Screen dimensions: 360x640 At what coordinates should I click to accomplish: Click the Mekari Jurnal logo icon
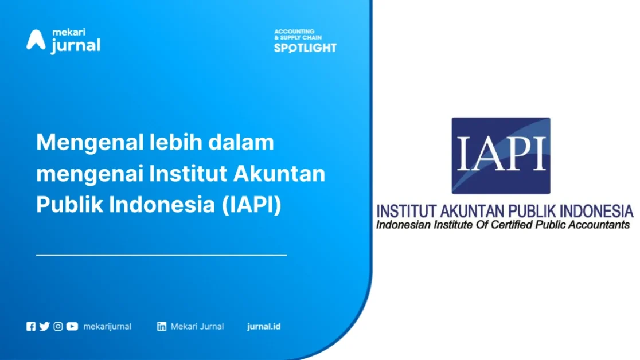coord(36,40)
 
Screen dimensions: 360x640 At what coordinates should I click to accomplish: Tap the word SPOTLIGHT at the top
coord(305,48)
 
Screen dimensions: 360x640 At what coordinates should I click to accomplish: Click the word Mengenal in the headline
coord(85,143)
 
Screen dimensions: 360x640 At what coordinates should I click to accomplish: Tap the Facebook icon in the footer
coord(31,327)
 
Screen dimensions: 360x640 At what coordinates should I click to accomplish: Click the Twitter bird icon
coord(44,327)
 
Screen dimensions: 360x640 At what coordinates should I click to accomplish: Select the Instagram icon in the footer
coord(58,327)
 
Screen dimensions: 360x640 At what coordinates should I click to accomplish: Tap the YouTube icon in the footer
coord(72,327)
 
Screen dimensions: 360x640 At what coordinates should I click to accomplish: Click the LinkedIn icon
coord(162,327)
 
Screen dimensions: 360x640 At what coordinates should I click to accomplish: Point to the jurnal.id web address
coord(264,327)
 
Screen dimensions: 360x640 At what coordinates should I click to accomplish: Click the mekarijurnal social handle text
coord(107,327)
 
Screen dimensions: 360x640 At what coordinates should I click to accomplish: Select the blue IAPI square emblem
coord(501,155)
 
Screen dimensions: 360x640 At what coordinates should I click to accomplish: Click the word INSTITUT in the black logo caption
coord(405,210)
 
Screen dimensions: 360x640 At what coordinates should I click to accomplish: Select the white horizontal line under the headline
coord(161,254)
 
